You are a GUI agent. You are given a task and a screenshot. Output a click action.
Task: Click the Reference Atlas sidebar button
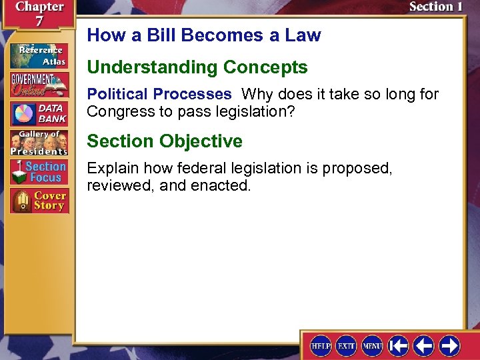tap(38, 55)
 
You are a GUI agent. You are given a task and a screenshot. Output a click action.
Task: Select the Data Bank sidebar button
tap(38, 113)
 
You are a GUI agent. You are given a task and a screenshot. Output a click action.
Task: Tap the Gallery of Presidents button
tap(38, 142)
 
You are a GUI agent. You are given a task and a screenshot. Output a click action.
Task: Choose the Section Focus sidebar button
tap(38, 171)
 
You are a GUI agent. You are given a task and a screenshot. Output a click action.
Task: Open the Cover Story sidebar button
tap(38, 201)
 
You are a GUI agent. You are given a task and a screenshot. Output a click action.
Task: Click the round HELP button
tap(321, 345)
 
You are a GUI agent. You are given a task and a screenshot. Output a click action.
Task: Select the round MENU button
tap(372, 345)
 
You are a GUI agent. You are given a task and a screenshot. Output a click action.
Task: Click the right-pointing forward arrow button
tap(449, 345)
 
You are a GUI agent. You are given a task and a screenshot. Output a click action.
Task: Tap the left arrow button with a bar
tap(398, 345)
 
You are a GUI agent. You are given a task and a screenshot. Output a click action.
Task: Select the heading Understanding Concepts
tap(197, 67)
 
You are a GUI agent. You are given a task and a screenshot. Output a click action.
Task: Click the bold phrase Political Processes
tap(159, 94)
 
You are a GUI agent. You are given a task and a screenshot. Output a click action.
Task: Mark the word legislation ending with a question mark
tap(239, 111)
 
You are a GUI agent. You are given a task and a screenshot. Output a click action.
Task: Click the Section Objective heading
tap(165, 141)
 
